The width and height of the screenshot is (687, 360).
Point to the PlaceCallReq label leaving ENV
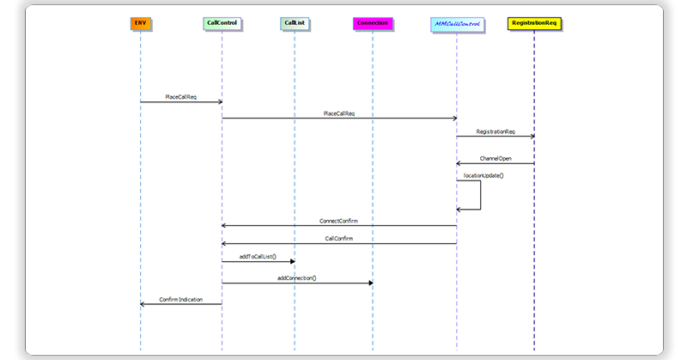pyautogui.click(x=180, y=96)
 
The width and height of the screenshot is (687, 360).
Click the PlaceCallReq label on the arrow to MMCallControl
pyautogui.click(x=339, y=113)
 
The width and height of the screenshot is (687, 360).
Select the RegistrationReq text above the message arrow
pyautogui.click(x=495, y=131)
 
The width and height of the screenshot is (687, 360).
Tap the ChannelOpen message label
pyautogui.click(x=495, y=158)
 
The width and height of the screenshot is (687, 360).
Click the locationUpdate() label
pyautogui.click(x=483, y=175)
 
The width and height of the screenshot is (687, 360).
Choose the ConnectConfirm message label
pyautogui.click(x=338, y=221)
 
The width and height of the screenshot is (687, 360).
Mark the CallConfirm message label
pyautogui.click(x=338, y=239)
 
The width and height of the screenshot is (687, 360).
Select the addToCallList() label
pyautogui.click(x=258, y=257)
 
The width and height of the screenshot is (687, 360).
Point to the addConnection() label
pyautogui.click(x=297, y=278)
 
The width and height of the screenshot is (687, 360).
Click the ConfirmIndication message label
pyautogui.click(x=180, y=299)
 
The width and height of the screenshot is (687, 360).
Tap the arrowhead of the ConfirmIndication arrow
pyautogui.click(x=143, y=304)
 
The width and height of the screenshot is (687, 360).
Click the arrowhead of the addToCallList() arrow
pyautogui.click(x=291, y=261)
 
